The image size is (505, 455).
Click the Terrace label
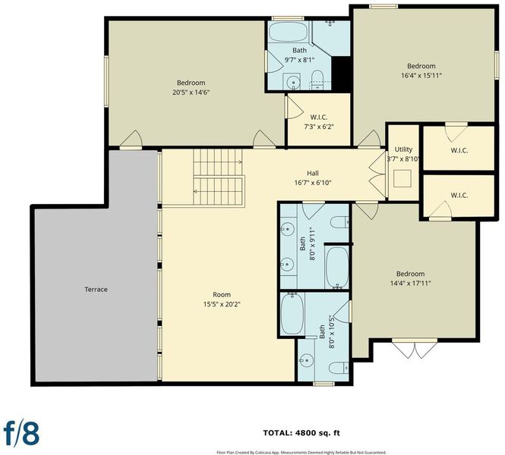coord(96,290)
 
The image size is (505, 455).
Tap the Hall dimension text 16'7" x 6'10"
coord(313,183)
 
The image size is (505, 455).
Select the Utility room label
coord(403,149)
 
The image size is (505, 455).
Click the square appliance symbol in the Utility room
coord(402,178)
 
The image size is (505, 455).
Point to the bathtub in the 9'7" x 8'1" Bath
coord(289,32)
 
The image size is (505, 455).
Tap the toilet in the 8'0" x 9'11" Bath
coord(339,222)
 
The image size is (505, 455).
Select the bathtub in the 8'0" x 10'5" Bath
coord(292,314)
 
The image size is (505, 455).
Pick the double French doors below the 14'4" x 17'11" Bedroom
coord(415,348)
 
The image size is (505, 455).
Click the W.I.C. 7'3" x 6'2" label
coord(319,122)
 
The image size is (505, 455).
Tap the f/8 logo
coord(21,433)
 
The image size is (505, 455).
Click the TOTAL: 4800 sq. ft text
coord(301,433)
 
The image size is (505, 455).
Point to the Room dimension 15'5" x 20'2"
coord(222,304)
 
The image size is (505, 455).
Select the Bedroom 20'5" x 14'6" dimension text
coord(191,93)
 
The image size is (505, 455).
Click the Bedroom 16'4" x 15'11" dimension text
coord(421,76)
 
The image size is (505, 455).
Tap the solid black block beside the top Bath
coord(341,74)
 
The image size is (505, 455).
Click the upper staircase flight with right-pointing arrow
coord(218,162)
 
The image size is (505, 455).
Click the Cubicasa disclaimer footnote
coord(301,453)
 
